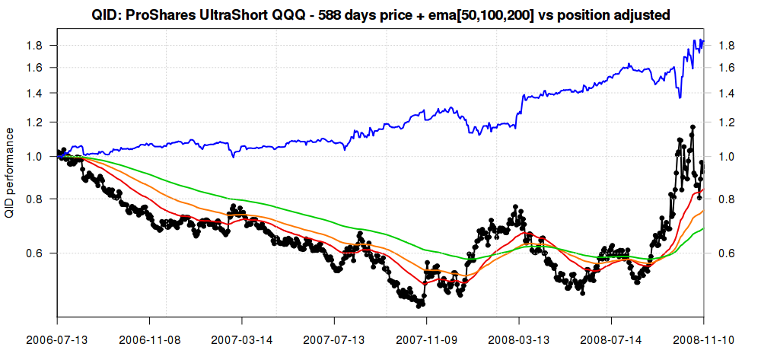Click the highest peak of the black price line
(693, 127)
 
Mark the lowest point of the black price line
(419, 305)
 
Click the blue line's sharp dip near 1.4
(680, 97)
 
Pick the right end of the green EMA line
(703, 228)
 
